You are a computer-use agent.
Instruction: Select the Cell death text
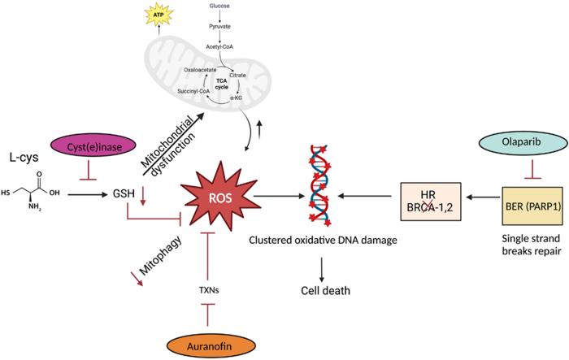321,291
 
